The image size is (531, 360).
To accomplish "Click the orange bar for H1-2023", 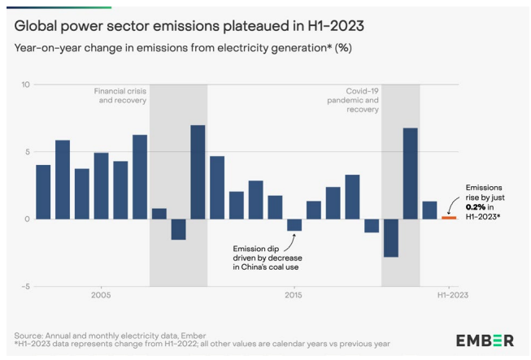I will tap(449, 217).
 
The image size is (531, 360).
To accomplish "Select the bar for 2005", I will tap(102, 185).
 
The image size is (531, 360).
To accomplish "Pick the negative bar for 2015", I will tap(294, 225).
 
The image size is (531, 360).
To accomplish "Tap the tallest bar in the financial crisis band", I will tap(198, 171).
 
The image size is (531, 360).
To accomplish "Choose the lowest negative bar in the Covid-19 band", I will tap(391, 237).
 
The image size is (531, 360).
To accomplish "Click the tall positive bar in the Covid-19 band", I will tap(411, 173).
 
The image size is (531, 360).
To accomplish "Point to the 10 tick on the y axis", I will tap(25, 85).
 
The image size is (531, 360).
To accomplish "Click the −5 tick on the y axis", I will tap(25, 286).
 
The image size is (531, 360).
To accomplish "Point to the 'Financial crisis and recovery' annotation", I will tap(120, 96).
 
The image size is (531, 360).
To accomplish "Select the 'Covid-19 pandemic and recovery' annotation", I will tap(358, 101).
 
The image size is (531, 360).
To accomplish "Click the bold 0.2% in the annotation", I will tap(474, 207).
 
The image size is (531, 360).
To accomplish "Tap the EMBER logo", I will tap(485, 340).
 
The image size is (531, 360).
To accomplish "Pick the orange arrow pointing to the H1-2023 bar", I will tap(450, 205).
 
